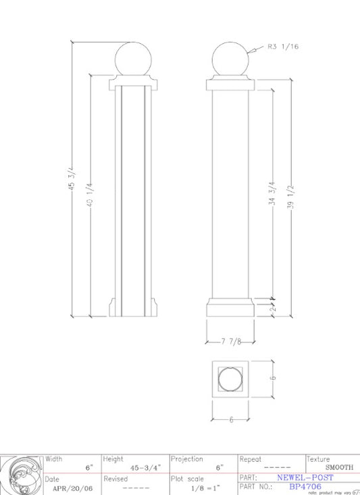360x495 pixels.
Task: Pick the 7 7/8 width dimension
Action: pos(230,342)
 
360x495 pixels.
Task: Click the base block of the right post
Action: pos(230,309)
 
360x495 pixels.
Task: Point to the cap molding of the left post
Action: pos(134,84)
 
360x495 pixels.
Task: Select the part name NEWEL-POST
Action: pos(305,477)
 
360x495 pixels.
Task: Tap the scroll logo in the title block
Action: pos(22,475)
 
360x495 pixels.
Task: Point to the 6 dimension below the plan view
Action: pos(230,419)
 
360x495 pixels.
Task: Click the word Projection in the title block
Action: pos(187,459)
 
